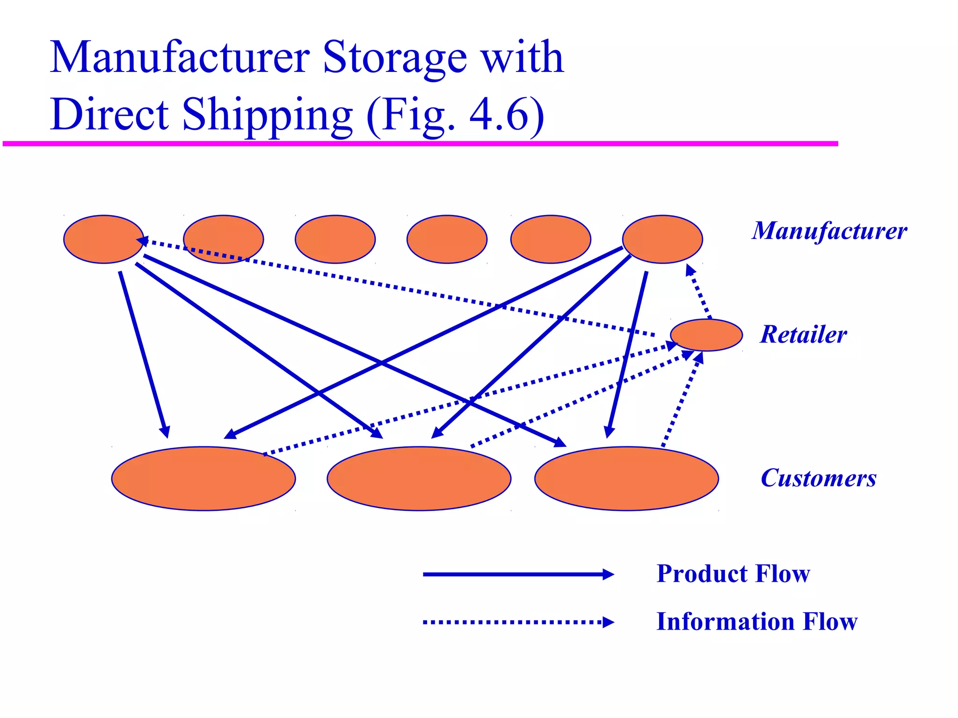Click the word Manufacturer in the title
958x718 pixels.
[179, 58]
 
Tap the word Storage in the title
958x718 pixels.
[394, 58]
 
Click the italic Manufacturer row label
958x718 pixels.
[829, 231]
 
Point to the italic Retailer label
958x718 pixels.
[803, 335]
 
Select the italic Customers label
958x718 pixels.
[818, 478]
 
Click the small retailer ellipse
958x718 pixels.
[706, 335]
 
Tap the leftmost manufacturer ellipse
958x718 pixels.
[103, 239]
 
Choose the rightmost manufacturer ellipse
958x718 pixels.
[662, 239]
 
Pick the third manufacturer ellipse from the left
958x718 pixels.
[335, 239]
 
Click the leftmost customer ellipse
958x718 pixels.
[203, 479]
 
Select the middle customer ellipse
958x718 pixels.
[419, 479]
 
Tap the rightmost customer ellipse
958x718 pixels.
[626, 479]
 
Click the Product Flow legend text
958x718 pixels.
[733, 574]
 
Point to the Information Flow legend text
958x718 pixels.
[756, 622]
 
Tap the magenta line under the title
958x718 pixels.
[421, 144]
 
